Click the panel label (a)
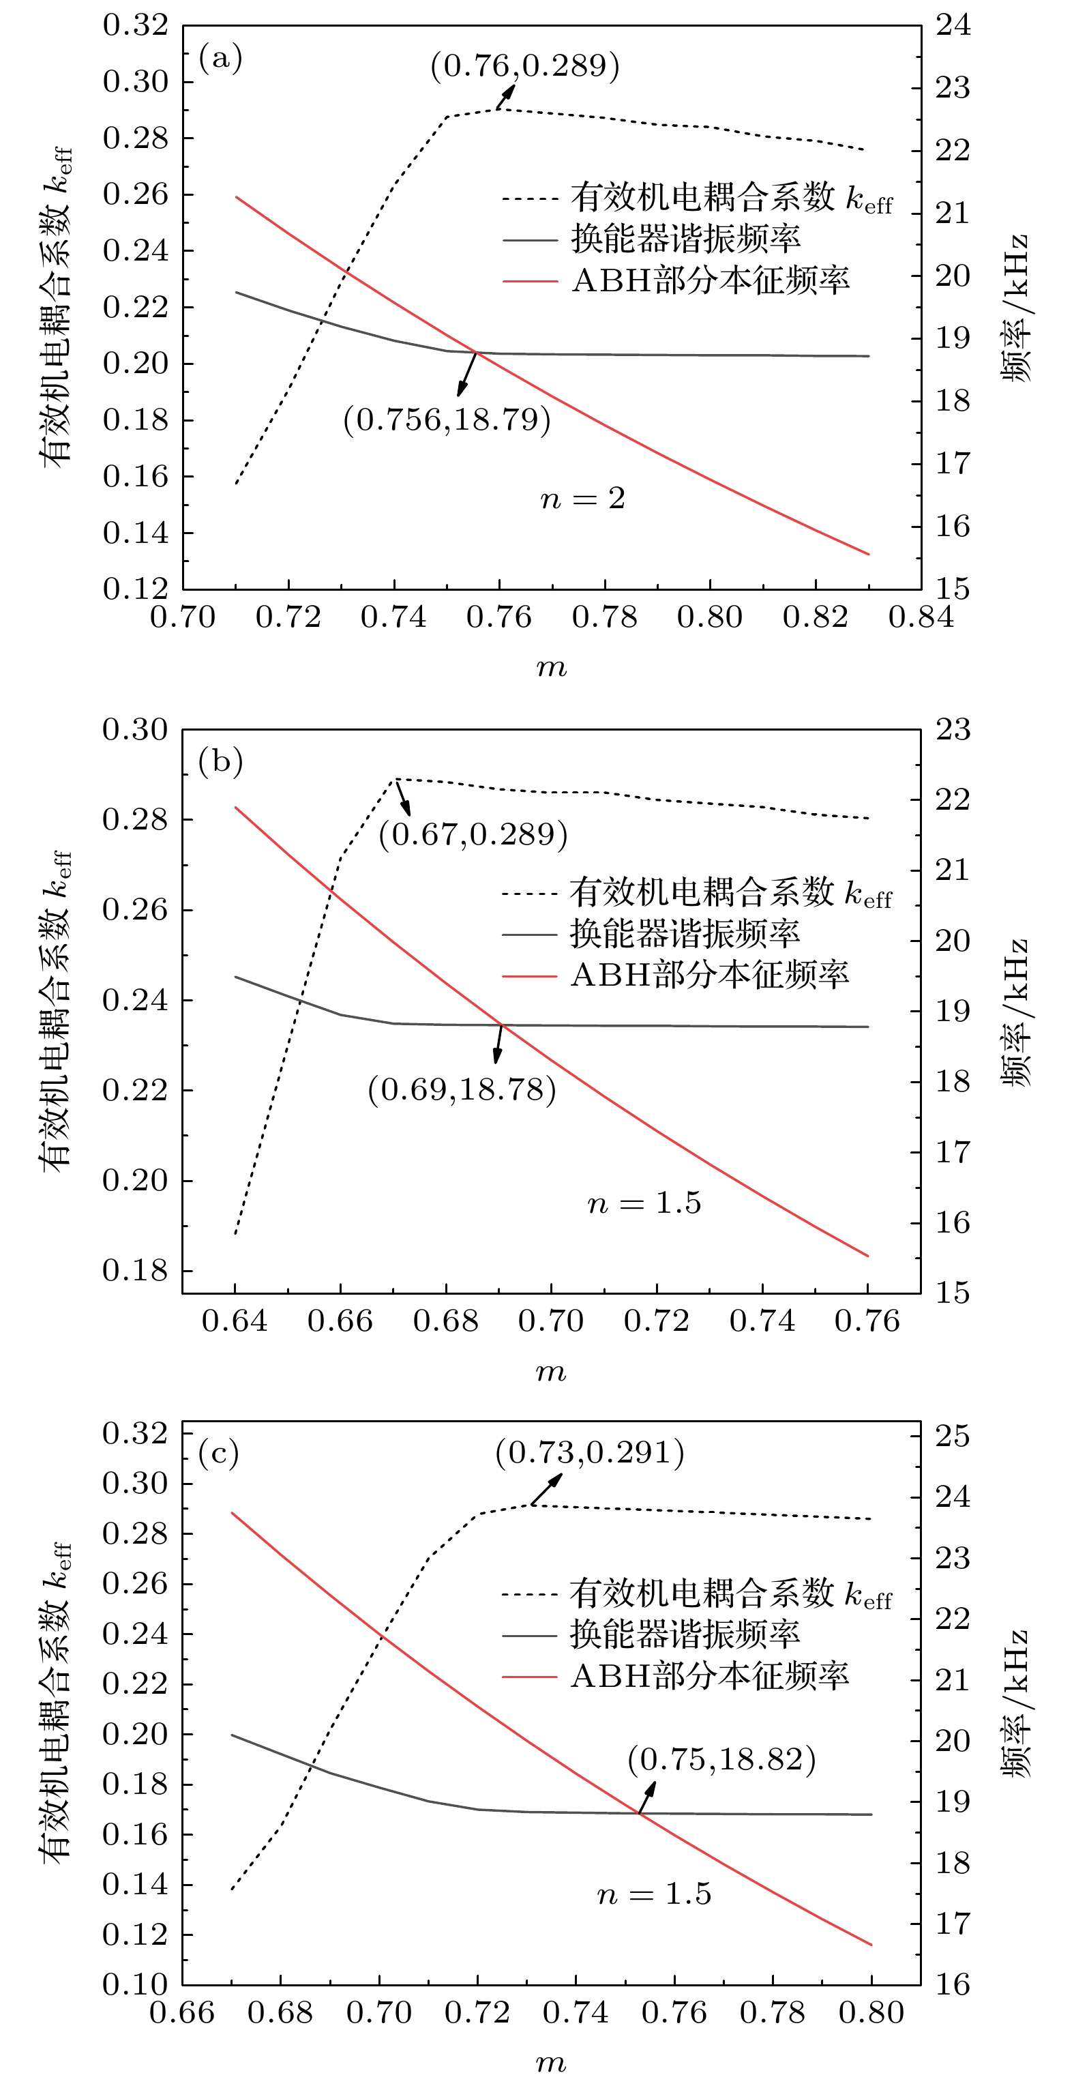(x=220, y=59)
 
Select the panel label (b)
(x=220, y=763)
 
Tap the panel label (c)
(x=219, y=1454)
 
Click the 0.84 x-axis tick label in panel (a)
(x=921, y=617)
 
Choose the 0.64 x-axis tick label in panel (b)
(x=235, y=1321)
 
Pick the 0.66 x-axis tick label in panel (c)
(x=182, y=2012)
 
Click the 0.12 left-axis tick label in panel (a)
(x=136, y=589)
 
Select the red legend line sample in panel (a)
(x=530, y=281)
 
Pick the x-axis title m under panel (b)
(x=551, y=1372)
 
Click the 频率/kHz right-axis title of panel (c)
(x=1015, y=1701)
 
